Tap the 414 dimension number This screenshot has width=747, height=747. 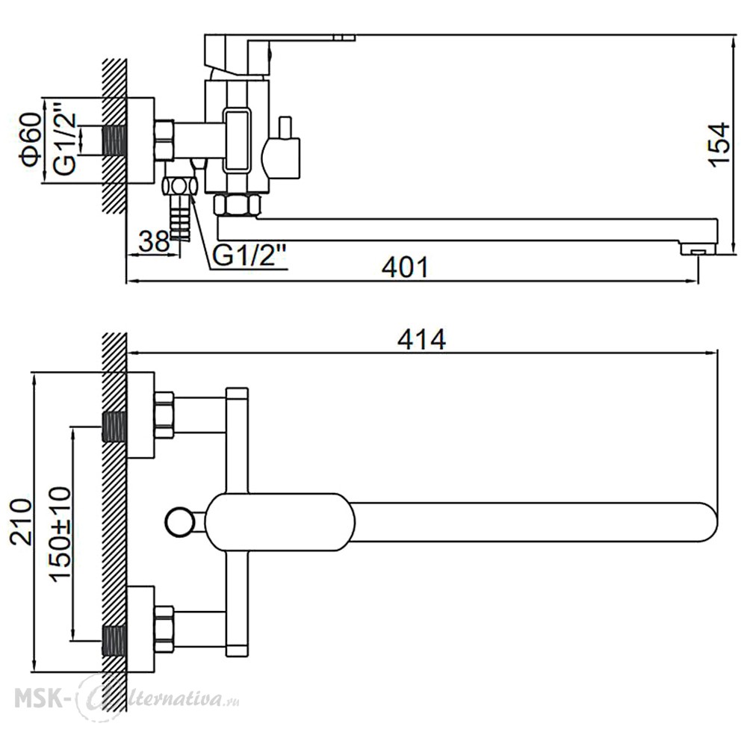click(422, 340)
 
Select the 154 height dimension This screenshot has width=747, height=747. click(719, 144)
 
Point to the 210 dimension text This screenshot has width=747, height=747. click(22, 521)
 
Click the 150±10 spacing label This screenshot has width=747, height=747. click(61, 533)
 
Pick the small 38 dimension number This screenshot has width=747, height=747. click(155, 241)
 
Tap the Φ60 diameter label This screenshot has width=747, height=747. click(31, 140)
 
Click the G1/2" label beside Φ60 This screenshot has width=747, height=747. click(64, 137)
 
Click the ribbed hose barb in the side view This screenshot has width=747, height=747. click(180, 217)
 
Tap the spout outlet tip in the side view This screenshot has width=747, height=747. click(698, 248)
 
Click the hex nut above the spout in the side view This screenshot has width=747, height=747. click(238, 205)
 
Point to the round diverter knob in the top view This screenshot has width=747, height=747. click(179, 521)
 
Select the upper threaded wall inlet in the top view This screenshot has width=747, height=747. click(114, 427)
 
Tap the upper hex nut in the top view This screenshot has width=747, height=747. click(164, 415)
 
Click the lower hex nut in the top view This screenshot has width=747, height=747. click(164, 629)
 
